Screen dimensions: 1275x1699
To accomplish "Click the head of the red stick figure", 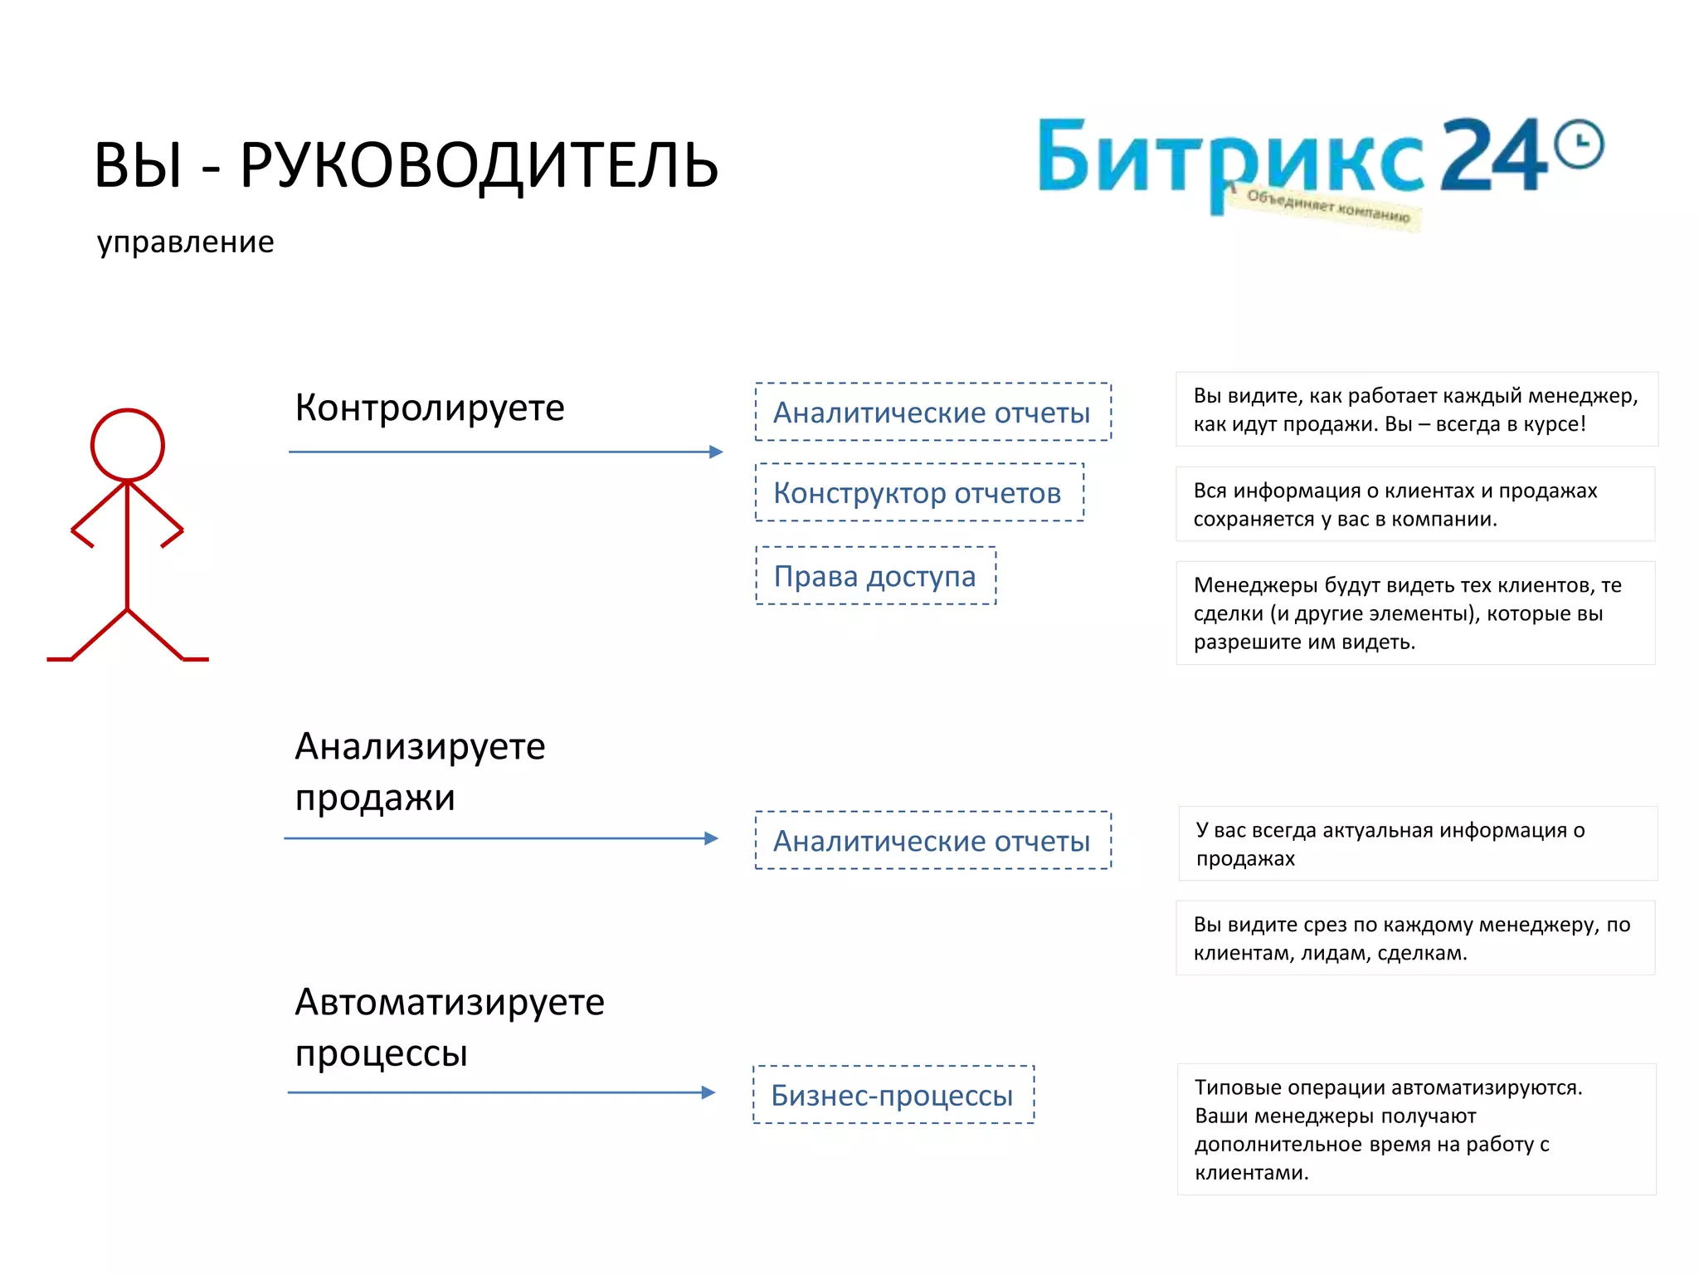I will click(x=127, y=445).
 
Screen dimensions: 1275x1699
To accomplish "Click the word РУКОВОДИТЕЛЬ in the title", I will click(x=479, y=165).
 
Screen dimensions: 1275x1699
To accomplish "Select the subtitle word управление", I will click(x=185, y=242).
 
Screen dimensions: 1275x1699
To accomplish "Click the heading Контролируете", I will click(x=429, y=408).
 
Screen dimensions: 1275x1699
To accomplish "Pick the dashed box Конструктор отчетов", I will click(x=918, y=493).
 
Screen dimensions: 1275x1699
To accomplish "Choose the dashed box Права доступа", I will click(x=875, y=576).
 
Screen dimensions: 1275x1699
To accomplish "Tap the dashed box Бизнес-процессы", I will click(x=893, y=1095).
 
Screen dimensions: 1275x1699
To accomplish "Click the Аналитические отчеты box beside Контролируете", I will click(x=932, y=413).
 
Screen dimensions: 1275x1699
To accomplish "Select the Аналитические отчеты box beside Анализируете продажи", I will click(x=932, y=841).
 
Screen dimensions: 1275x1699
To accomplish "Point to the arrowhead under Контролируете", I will click(x=717, y=452).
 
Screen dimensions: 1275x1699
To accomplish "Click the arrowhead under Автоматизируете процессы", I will click(x=708, y=1092).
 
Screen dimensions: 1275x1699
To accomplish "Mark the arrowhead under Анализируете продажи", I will click(x=711, y=838).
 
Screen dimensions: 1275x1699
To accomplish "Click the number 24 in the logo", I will click(x=1493, y=155).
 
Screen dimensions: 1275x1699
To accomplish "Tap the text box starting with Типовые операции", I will click(x=1415, y=1129).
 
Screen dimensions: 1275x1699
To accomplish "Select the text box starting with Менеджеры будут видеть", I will click(x=1415, y=613).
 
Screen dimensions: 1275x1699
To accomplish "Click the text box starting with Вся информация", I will click(x=1415, y=505).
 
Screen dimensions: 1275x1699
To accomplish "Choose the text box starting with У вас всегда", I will click(x=1417, y=843).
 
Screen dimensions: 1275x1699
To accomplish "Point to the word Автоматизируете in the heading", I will click(x=450, y=1003).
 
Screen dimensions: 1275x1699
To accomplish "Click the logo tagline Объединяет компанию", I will click(x=1327, y=208).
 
